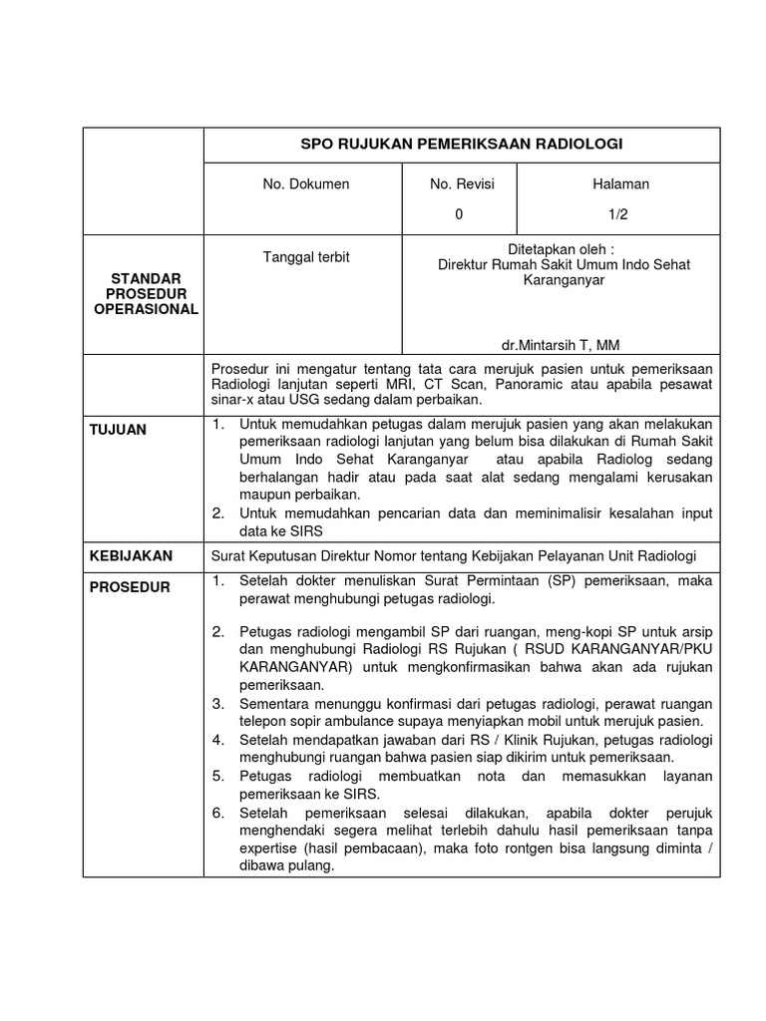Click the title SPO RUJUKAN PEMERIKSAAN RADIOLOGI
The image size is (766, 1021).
[462, 144]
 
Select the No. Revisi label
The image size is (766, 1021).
[462, 183]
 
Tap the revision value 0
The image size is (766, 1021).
[460, 213]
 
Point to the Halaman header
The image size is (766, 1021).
[620, 183]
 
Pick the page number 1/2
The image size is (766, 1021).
[619, 213]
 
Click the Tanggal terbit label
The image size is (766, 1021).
[305, 257]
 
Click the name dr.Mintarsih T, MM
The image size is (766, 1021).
[560, 345]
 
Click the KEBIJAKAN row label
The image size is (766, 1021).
[132, 555]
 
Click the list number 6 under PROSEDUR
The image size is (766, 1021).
[218, 814]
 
